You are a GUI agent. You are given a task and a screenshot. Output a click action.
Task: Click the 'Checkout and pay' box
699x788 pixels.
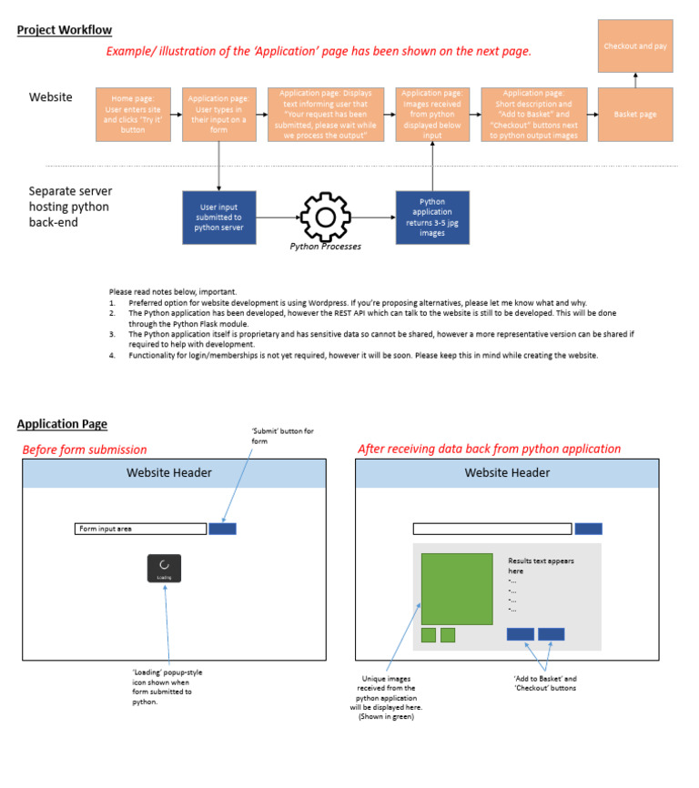(635, 45)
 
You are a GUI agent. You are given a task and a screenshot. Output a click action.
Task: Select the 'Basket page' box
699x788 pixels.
(635, 115)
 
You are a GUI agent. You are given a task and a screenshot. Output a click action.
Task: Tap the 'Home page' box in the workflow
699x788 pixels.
(134, 115)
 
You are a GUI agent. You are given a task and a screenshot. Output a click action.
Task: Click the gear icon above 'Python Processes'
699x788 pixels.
(325, 216)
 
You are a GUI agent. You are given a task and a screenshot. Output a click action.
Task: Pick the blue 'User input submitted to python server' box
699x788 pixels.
(219, 217)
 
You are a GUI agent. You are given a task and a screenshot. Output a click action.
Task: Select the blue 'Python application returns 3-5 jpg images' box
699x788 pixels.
(432, 217)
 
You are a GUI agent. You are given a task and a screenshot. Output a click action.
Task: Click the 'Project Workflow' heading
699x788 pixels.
(64, 30)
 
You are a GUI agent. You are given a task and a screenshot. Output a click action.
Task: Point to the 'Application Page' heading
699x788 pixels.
(62, 424)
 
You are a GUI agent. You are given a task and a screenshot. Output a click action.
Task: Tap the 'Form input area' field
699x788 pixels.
(140, 529)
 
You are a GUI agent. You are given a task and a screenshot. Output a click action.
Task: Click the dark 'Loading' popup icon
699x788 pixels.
(164, 568)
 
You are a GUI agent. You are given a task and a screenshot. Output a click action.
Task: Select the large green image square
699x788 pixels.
(457, 588)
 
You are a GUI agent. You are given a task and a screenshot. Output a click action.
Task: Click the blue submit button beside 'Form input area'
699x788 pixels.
(222, 529)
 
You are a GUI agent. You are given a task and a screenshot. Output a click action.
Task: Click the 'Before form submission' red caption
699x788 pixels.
(84, 450)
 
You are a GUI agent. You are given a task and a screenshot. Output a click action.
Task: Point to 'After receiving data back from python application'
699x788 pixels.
(489, 449)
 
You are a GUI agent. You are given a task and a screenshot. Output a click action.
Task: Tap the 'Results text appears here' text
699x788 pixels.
(541, 566)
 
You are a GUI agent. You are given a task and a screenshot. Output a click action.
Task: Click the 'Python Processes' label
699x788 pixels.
(324, 247)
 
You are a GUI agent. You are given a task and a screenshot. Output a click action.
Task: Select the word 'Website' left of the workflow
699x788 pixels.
(51, 96)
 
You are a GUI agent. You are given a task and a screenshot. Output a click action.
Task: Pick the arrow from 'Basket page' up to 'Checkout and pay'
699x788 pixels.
(635, 80)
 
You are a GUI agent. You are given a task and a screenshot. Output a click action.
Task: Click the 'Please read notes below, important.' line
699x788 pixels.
(173, 291)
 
